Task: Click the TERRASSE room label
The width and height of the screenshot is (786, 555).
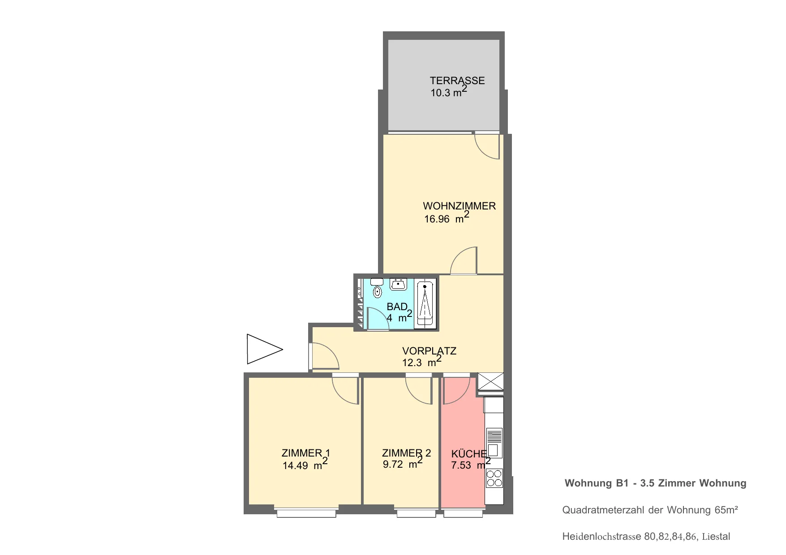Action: coord(457,81)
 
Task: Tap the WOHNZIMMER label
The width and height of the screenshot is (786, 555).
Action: coord(459,206)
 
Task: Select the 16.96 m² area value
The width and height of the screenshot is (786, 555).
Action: coord(447,218)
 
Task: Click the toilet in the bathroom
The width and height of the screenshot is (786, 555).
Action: coord(377,289)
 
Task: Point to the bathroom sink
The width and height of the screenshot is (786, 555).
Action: coord(398,284)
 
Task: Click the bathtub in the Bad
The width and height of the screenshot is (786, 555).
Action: coord(425,303)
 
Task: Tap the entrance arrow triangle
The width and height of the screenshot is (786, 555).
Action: coord(264,349)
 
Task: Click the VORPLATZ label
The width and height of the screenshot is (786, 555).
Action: coord(429,351)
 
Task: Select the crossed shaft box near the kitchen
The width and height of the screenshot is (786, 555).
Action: coord(490,382)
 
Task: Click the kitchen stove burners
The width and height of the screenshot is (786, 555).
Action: coord(494,478)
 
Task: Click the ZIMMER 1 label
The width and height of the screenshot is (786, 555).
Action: coord(305,453)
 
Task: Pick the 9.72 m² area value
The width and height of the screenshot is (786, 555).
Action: coord(403,463)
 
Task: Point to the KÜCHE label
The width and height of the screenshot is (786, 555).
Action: coord(469,454)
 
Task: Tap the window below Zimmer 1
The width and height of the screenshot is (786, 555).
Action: coord(306,513)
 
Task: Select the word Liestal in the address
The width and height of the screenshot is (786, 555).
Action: coord(716,536)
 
